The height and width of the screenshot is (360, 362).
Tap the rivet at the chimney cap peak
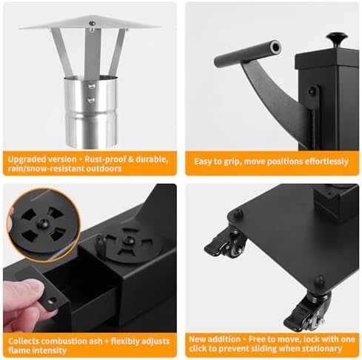[x=92, y=24]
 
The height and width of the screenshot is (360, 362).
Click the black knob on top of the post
[x=337, y=39]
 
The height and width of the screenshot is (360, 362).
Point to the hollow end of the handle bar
[x=276, y=47]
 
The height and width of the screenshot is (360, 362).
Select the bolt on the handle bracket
[x=312, y=90]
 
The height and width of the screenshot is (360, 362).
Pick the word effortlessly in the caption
[x=326, y=161]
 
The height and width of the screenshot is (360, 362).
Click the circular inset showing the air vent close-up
[x=44, y=224]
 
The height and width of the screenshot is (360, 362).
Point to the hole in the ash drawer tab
[x=53, y=301]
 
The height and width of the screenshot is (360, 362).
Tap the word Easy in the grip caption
[x=202, y=161]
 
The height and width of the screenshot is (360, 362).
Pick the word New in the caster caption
[x=197, y=339]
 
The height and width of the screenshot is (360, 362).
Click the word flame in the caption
[x=19, y=350]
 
